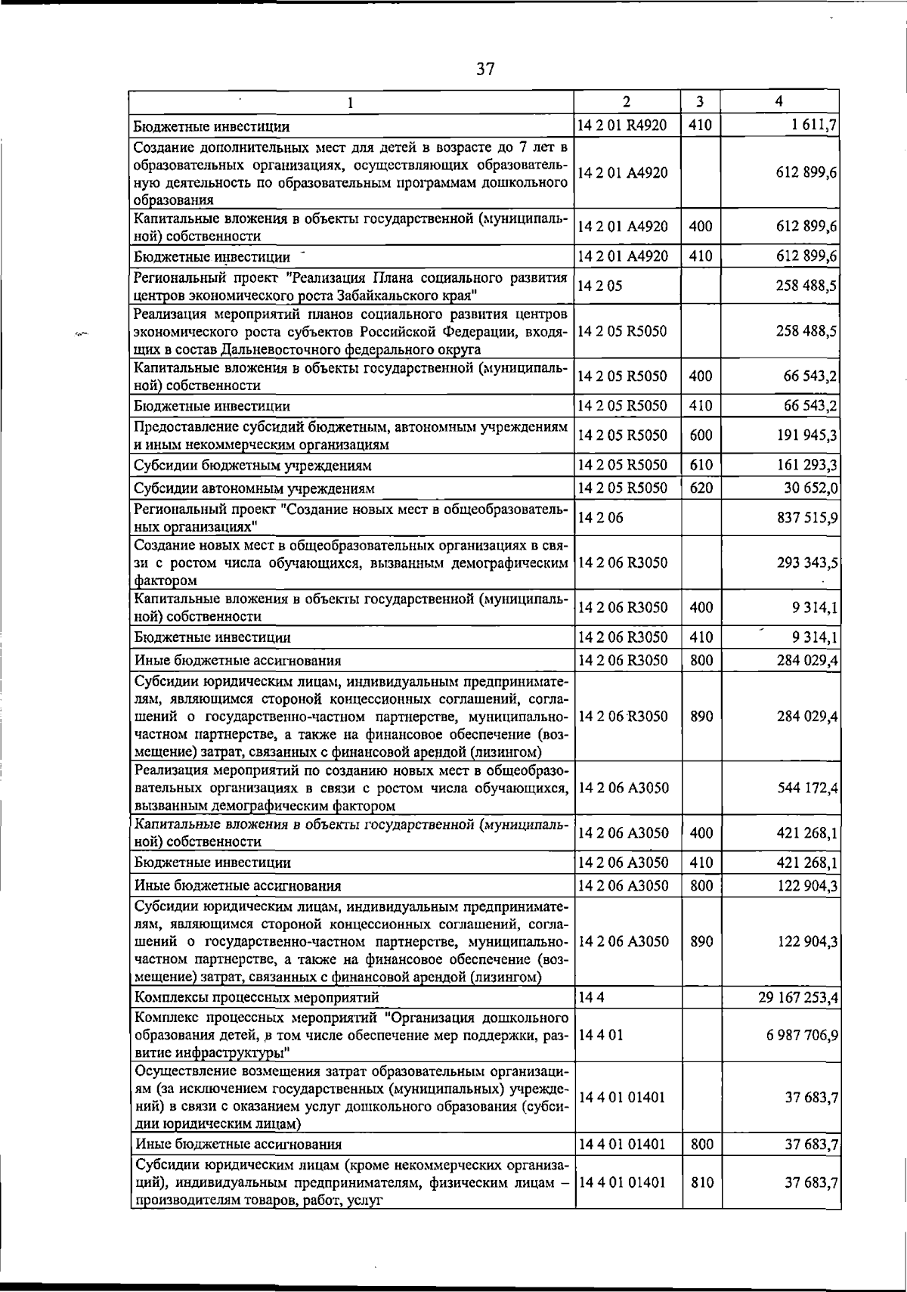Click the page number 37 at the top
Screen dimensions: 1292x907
point(484,70)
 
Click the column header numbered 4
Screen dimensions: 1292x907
point(779,101)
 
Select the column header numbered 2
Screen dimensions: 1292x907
point(627,101)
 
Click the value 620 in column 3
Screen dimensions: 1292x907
point(701,488)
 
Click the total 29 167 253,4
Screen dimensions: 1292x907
point(798,998)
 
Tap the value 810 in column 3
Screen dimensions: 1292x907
point(701,1182)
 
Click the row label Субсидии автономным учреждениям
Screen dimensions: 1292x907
point(254,488)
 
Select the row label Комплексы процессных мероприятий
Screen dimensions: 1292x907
point(256,998)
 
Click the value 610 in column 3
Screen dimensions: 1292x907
point(701,466)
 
